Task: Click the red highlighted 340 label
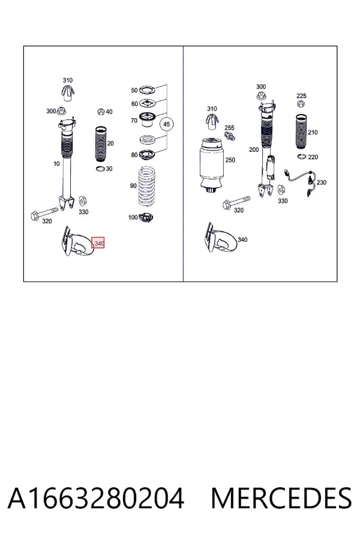98,243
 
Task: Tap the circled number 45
166,124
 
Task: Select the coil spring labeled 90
147,187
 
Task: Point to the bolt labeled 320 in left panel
44,212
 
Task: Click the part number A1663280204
96,499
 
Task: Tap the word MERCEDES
281,499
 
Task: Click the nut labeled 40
101,112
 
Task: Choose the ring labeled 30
100,169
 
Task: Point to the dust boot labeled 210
301,131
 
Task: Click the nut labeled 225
301,103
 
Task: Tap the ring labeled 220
302,157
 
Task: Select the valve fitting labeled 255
230,135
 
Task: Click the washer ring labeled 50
147,90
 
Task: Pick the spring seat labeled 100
145,218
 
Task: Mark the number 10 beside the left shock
56,164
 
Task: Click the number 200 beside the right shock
254,149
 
